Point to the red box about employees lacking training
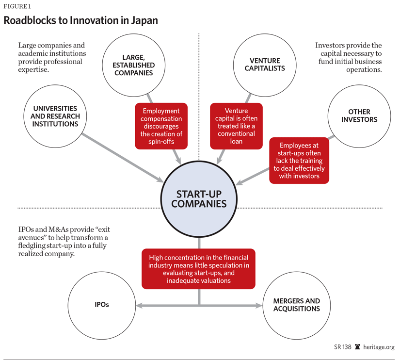pos(299,161)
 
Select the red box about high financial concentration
pos(199,269)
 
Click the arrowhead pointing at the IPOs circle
pos(138,306)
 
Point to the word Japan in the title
pos(144,21)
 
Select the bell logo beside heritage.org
pos(357,347)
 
